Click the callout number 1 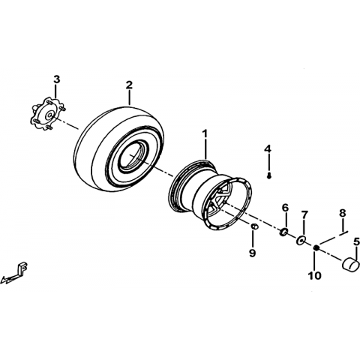[x=205, y=133]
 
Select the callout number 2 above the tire [x=129, y=85]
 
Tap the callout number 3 [x=57, y=79]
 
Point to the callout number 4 [x=268, y=148]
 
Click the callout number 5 [x=356, y=242]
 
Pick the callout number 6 [x=285, y=208]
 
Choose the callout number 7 [x=304, y=214]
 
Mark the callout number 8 [x=343, y=213]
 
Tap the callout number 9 [x=252, y=253]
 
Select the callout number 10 [x=314, y=275]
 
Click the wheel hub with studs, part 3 [x=48, y=115]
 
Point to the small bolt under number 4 [x=269, y=176]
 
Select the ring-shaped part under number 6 [x=283, y=232]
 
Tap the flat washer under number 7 [x=300, y=240]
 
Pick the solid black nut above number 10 [x=316, y=247]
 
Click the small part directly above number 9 [x=254, y=226]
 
